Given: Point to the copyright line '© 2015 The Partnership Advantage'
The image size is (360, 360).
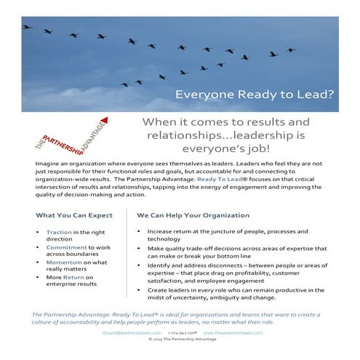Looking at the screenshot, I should tap(180, 338).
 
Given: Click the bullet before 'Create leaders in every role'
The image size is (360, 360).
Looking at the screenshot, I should tap(138, 289).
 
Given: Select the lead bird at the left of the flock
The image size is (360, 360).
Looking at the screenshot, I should tap(27, 27).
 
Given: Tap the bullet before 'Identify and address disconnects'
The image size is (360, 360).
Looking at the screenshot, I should tap(138, 265).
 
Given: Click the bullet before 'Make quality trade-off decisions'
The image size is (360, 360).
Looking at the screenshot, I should tap(138, 248).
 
